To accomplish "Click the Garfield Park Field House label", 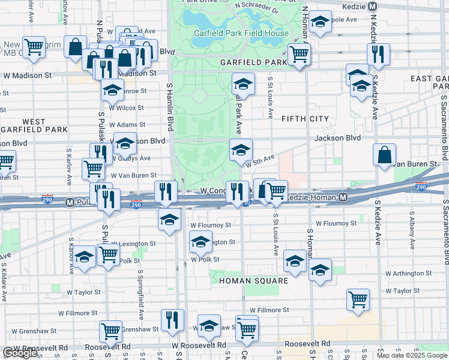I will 241,33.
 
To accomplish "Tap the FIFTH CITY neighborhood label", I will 305,119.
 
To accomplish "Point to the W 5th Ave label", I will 259,160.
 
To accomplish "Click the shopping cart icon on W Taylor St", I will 358,299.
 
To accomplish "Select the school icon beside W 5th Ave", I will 241,149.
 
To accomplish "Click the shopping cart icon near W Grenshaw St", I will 111,331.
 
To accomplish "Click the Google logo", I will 20,353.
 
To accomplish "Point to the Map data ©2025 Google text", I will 411,355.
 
